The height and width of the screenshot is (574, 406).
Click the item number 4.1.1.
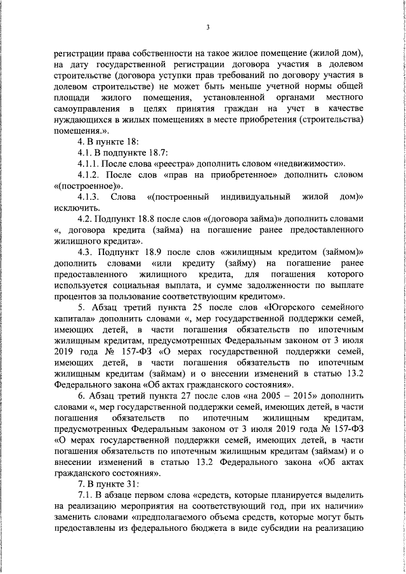tap(90, 164)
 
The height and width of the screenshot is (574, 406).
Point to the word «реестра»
tap(172, 164)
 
